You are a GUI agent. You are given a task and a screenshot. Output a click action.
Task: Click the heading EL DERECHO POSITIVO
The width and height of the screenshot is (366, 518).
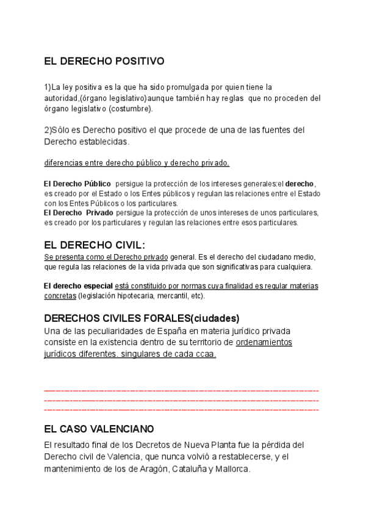click(104, 61)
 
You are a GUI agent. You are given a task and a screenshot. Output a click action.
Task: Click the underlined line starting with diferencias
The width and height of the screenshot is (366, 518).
click(137, 162)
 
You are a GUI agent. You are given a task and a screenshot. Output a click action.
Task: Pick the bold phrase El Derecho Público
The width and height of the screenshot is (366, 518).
click(77, 183)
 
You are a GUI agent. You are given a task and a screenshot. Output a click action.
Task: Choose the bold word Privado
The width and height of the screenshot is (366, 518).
click(99, 213)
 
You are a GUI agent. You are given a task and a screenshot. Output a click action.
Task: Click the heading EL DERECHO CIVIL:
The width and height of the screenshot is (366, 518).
click(95, 246)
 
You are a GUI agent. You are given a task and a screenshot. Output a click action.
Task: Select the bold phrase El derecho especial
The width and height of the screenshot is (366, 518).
click(79, 286)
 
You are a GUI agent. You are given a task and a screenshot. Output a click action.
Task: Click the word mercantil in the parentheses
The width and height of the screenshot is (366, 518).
click(172, 296)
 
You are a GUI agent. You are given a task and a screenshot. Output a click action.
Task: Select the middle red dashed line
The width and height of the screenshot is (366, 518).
click(182, 399)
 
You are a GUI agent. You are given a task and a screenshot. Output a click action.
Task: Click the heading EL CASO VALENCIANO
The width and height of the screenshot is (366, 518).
click(99, 429)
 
